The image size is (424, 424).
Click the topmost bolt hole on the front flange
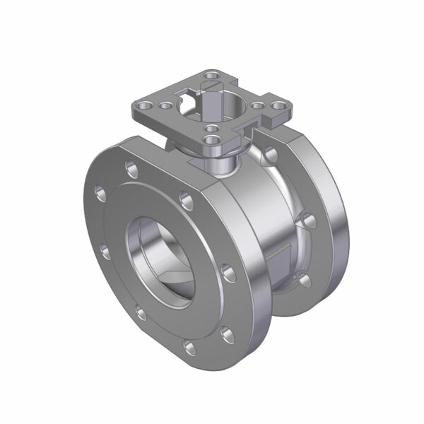pos(131,168)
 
